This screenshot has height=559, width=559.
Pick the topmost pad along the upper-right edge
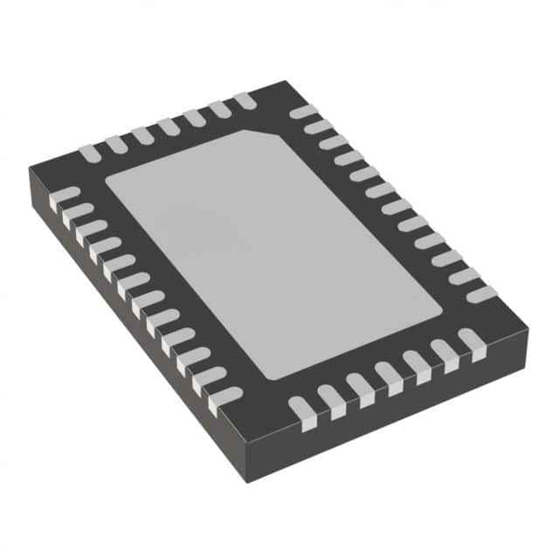pos(302,111)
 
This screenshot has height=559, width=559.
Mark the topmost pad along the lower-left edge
pos(63,197)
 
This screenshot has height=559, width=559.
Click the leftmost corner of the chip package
pos(30,171)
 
